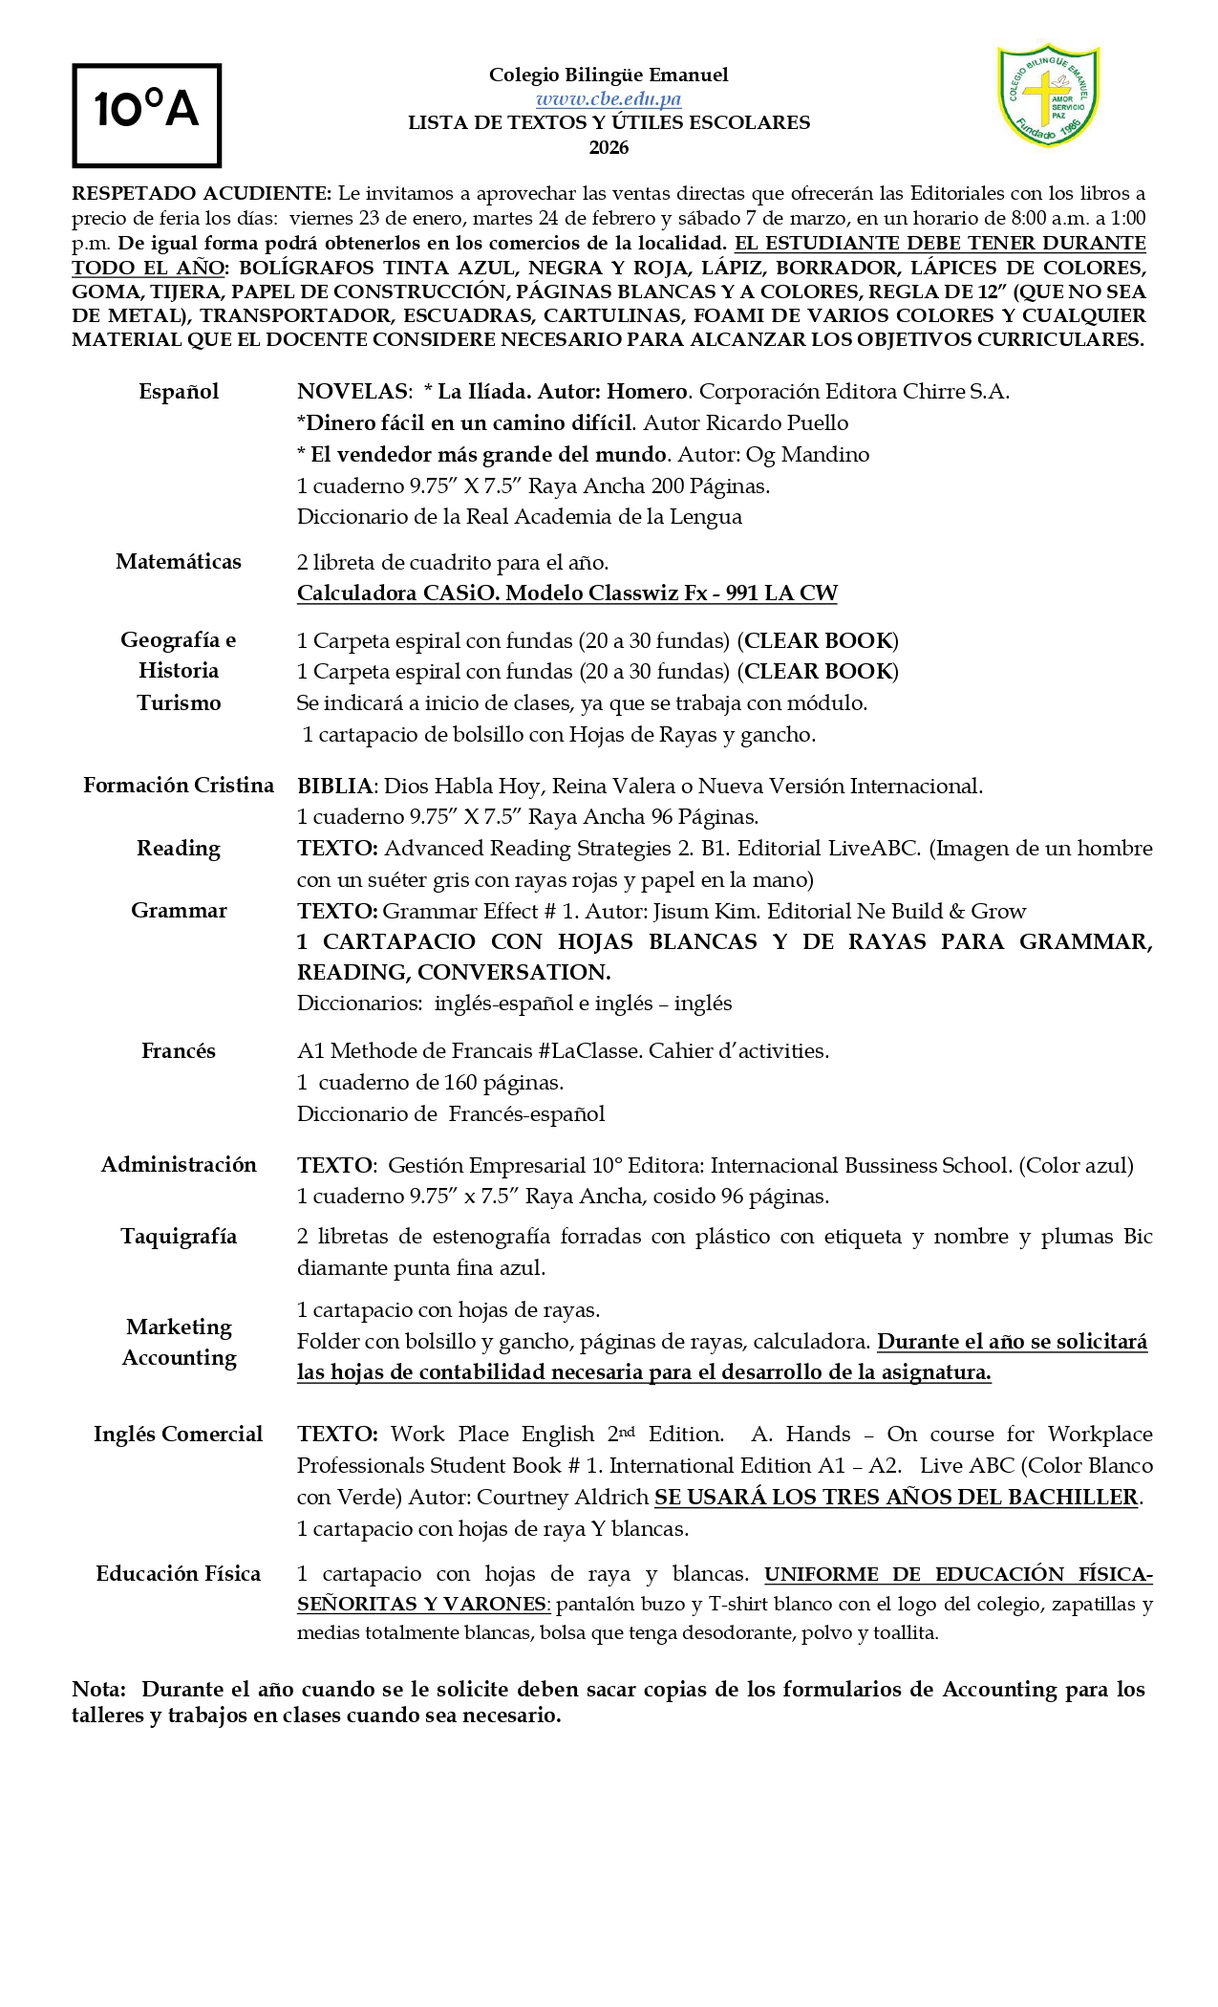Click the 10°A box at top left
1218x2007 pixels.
click(146, 115)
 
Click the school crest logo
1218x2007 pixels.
click(1048, 96)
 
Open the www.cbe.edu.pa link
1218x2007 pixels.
click(609, 98)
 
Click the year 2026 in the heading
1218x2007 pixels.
click(609, 147)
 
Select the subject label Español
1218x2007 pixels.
click(179, 392)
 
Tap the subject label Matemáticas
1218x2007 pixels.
click(179, 562)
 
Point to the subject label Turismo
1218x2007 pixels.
click(179, 703)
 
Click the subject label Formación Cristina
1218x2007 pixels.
click(179, 786)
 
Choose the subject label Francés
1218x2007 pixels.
click(179, 1051)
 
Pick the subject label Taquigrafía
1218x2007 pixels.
click(179, 1237)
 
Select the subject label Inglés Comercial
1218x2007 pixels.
click(179, 1435)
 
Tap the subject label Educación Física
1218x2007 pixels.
click(179, 1574)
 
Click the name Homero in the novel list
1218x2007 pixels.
click(647, 392)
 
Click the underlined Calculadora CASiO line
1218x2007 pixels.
click(566, 593)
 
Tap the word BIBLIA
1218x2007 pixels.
click(334, 787)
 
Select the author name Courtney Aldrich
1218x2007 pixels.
click(563, 1498)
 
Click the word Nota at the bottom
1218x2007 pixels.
click(98, 1690)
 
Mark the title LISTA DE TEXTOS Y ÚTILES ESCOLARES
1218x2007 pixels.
click(609, 123)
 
